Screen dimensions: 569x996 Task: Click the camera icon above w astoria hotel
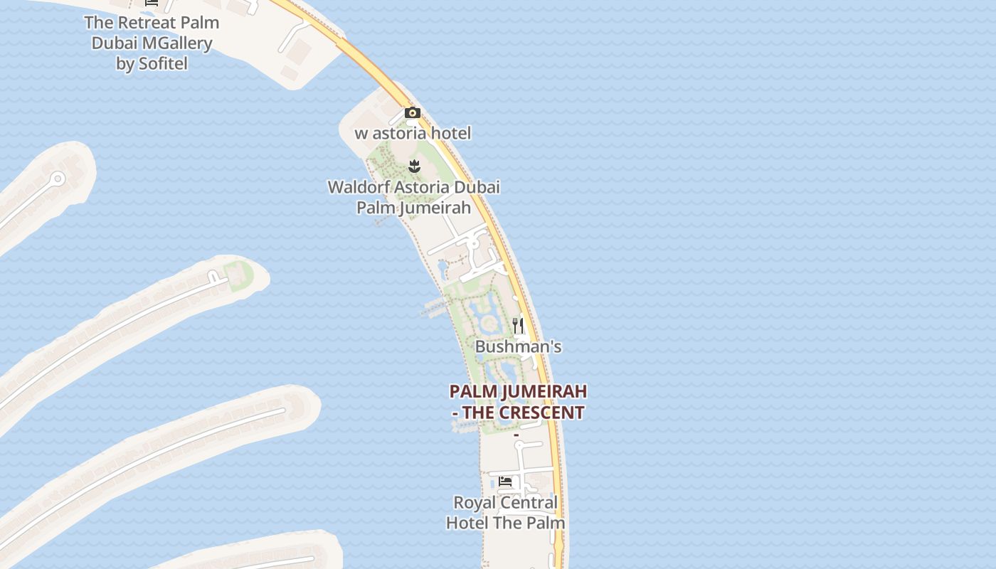pos(413,113)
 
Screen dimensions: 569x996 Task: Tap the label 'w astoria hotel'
pos(413,133)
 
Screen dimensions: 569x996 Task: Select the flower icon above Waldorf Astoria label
pos(414,166)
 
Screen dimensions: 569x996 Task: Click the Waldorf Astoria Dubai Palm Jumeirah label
pos(413,197)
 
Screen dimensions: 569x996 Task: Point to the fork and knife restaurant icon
pos(518,326)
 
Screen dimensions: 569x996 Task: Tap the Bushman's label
pos(518,346)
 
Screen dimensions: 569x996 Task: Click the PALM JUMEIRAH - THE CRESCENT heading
pos(518,402)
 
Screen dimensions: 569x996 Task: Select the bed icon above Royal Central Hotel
pos(505,482)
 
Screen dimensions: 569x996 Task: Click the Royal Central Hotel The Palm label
pos(505,513)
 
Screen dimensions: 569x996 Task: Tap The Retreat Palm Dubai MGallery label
pos(152,43)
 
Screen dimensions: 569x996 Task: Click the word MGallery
pos(177,43)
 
